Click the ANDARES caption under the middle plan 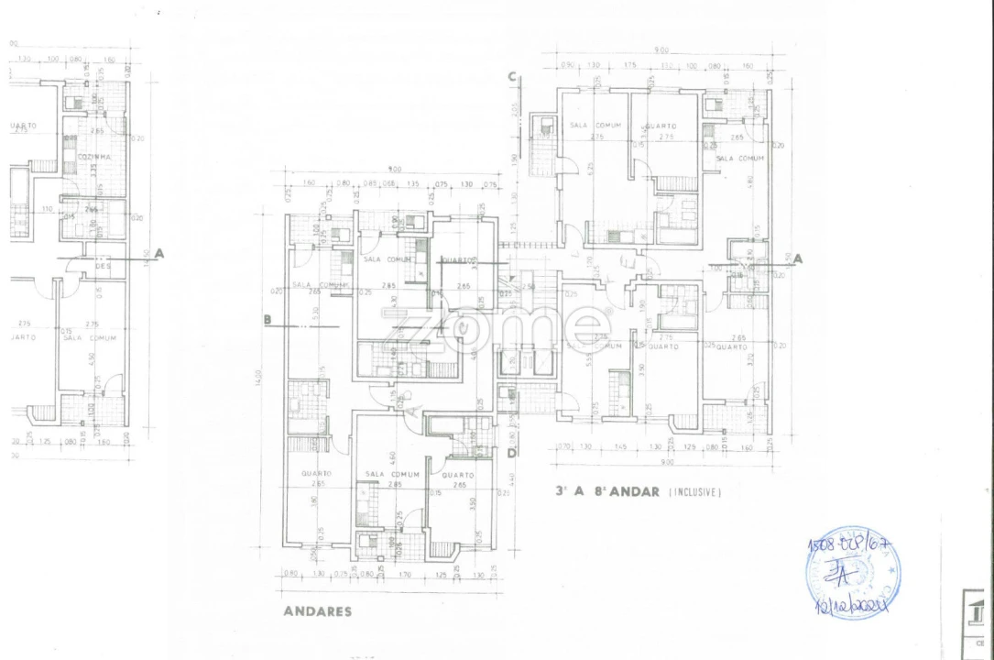coord(317,611)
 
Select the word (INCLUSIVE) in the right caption coord(695,492)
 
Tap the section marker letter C coord(513,77)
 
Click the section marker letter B coord(267,320)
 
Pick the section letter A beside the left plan coord(159,253)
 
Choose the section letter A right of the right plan coord(797,258)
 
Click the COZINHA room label coord(93,157)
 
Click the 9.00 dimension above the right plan coord(661,50)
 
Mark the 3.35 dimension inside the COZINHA coord(93,170)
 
